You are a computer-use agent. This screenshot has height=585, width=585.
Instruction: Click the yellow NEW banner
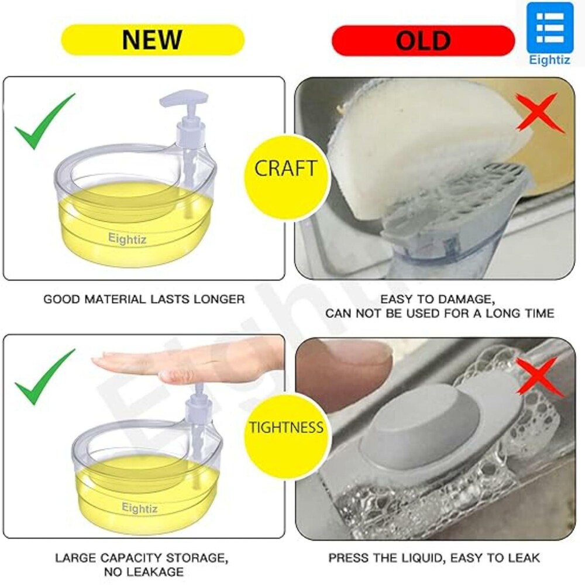[x=153, y=40]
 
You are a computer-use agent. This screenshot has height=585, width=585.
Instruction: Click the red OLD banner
[x=423, y=40]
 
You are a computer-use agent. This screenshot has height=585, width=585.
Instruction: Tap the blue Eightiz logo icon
[x=550, y=27]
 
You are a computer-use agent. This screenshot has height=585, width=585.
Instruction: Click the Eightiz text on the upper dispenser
[x=127, y=238]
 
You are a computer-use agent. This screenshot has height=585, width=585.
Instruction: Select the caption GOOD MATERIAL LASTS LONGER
[x=144, y=299]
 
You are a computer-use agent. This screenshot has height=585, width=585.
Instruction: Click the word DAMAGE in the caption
[x=466, y=299]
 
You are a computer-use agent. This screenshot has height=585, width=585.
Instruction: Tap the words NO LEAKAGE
[x=144, y=572]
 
